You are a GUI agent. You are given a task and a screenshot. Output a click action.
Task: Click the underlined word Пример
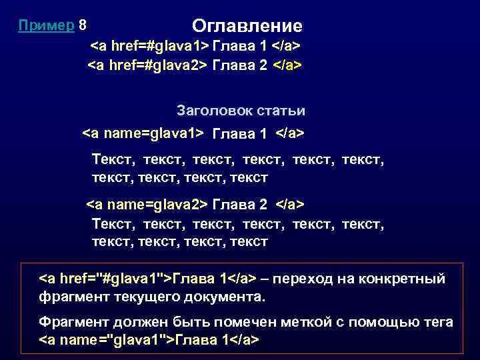click(46, 25)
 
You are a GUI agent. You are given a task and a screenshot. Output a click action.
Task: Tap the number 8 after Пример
click(82, 25)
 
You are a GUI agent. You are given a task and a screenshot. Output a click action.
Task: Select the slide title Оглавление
click(247, 26)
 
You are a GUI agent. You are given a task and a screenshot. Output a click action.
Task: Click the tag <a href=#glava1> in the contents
click(149, 47)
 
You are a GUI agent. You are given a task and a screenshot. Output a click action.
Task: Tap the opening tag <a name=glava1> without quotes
click(142, 133)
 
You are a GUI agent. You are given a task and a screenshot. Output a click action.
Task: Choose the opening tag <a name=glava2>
click(147, 203)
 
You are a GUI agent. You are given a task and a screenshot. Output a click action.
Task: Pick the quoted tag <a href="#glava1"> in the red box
click(106, 278)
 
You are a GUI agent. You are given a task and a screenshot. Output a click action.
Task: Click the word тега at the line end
click(437, 322)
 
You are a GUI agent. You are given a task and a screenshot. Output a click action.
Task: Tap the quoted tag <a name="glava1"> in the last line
click(106, 340)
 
